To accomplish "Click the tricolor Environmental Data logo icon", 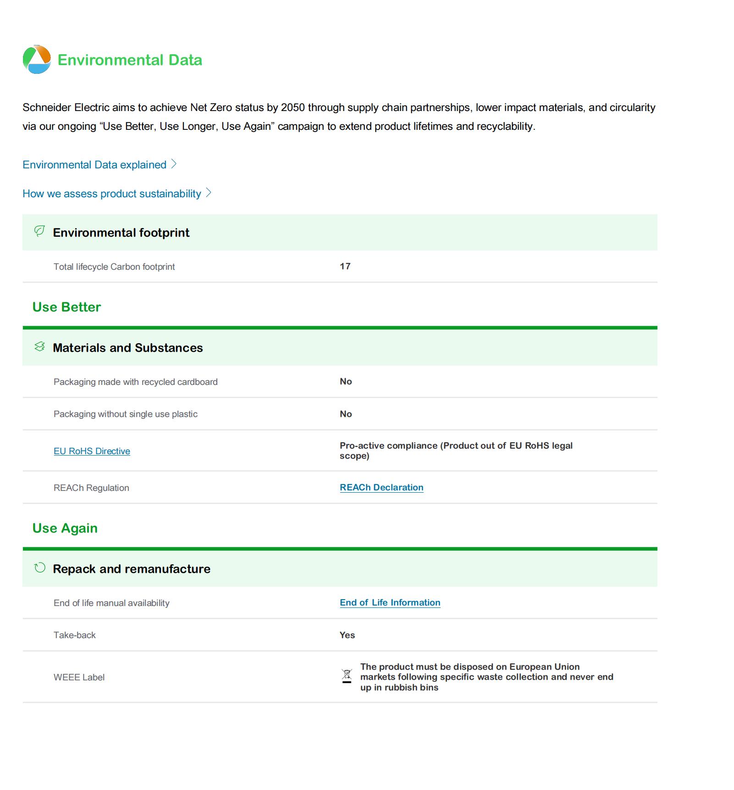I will pos(37,60).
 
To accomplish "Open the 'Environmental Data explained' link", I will pos(94,165).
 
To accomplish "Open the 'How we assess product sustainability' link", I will pos(112,194).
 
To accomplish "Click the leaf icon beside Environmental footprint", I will pos(40,231).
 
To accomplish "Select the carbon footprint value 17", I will pos(345,267).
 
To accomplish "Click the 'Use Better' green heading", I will pos(66,307).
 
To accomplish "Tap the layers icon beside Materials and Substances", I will pos(40,347).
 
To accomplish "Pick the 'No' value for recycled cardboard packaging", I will pos(346,382).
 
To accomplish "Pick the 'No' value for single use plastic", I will pos(346,414).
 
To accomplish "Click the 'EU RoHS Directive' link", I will pos(92,451).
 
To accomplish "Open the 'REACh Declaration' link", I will pos(381,487).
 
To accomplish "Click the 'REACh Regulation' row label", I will pos(91,488).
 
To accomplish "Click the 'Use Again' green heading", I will pos(65,528).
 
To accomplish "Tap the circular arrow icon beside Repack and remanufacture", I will pos(40,568).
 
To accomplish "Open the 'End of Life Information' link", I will pos(390,602).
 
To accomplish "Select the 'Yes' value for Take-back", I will pos(347,635).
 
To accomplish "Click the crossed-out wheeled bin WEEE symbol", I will pos(347,676).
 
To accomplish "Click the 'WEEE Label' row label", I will pos(79,677).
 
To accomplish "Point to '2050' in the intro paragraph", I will pos(293,107).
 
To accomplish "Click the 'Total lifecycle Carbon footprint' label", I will pos(114,267).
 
